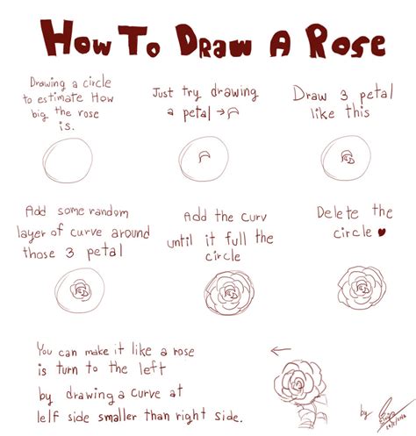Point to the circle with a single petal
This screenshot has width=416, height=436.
204,160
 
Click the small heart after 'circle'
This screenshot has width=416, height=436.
381,233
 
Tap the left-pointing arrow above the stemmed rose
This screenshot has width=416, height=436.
281,352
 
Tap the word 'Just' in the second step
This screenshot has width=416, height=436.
164,91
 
